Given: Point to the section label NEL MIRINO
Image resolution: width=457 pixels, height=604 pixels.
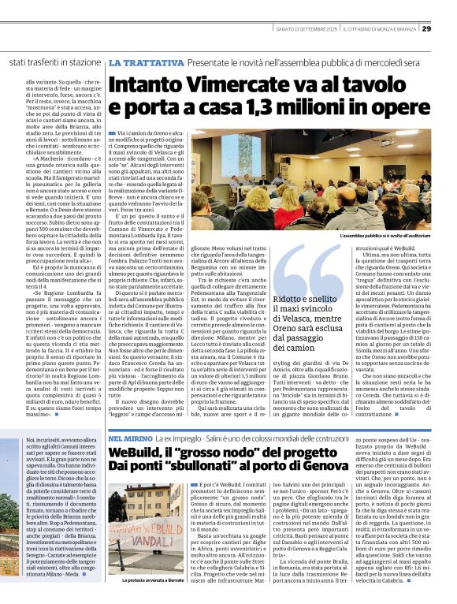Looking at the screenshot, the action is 131,436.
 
